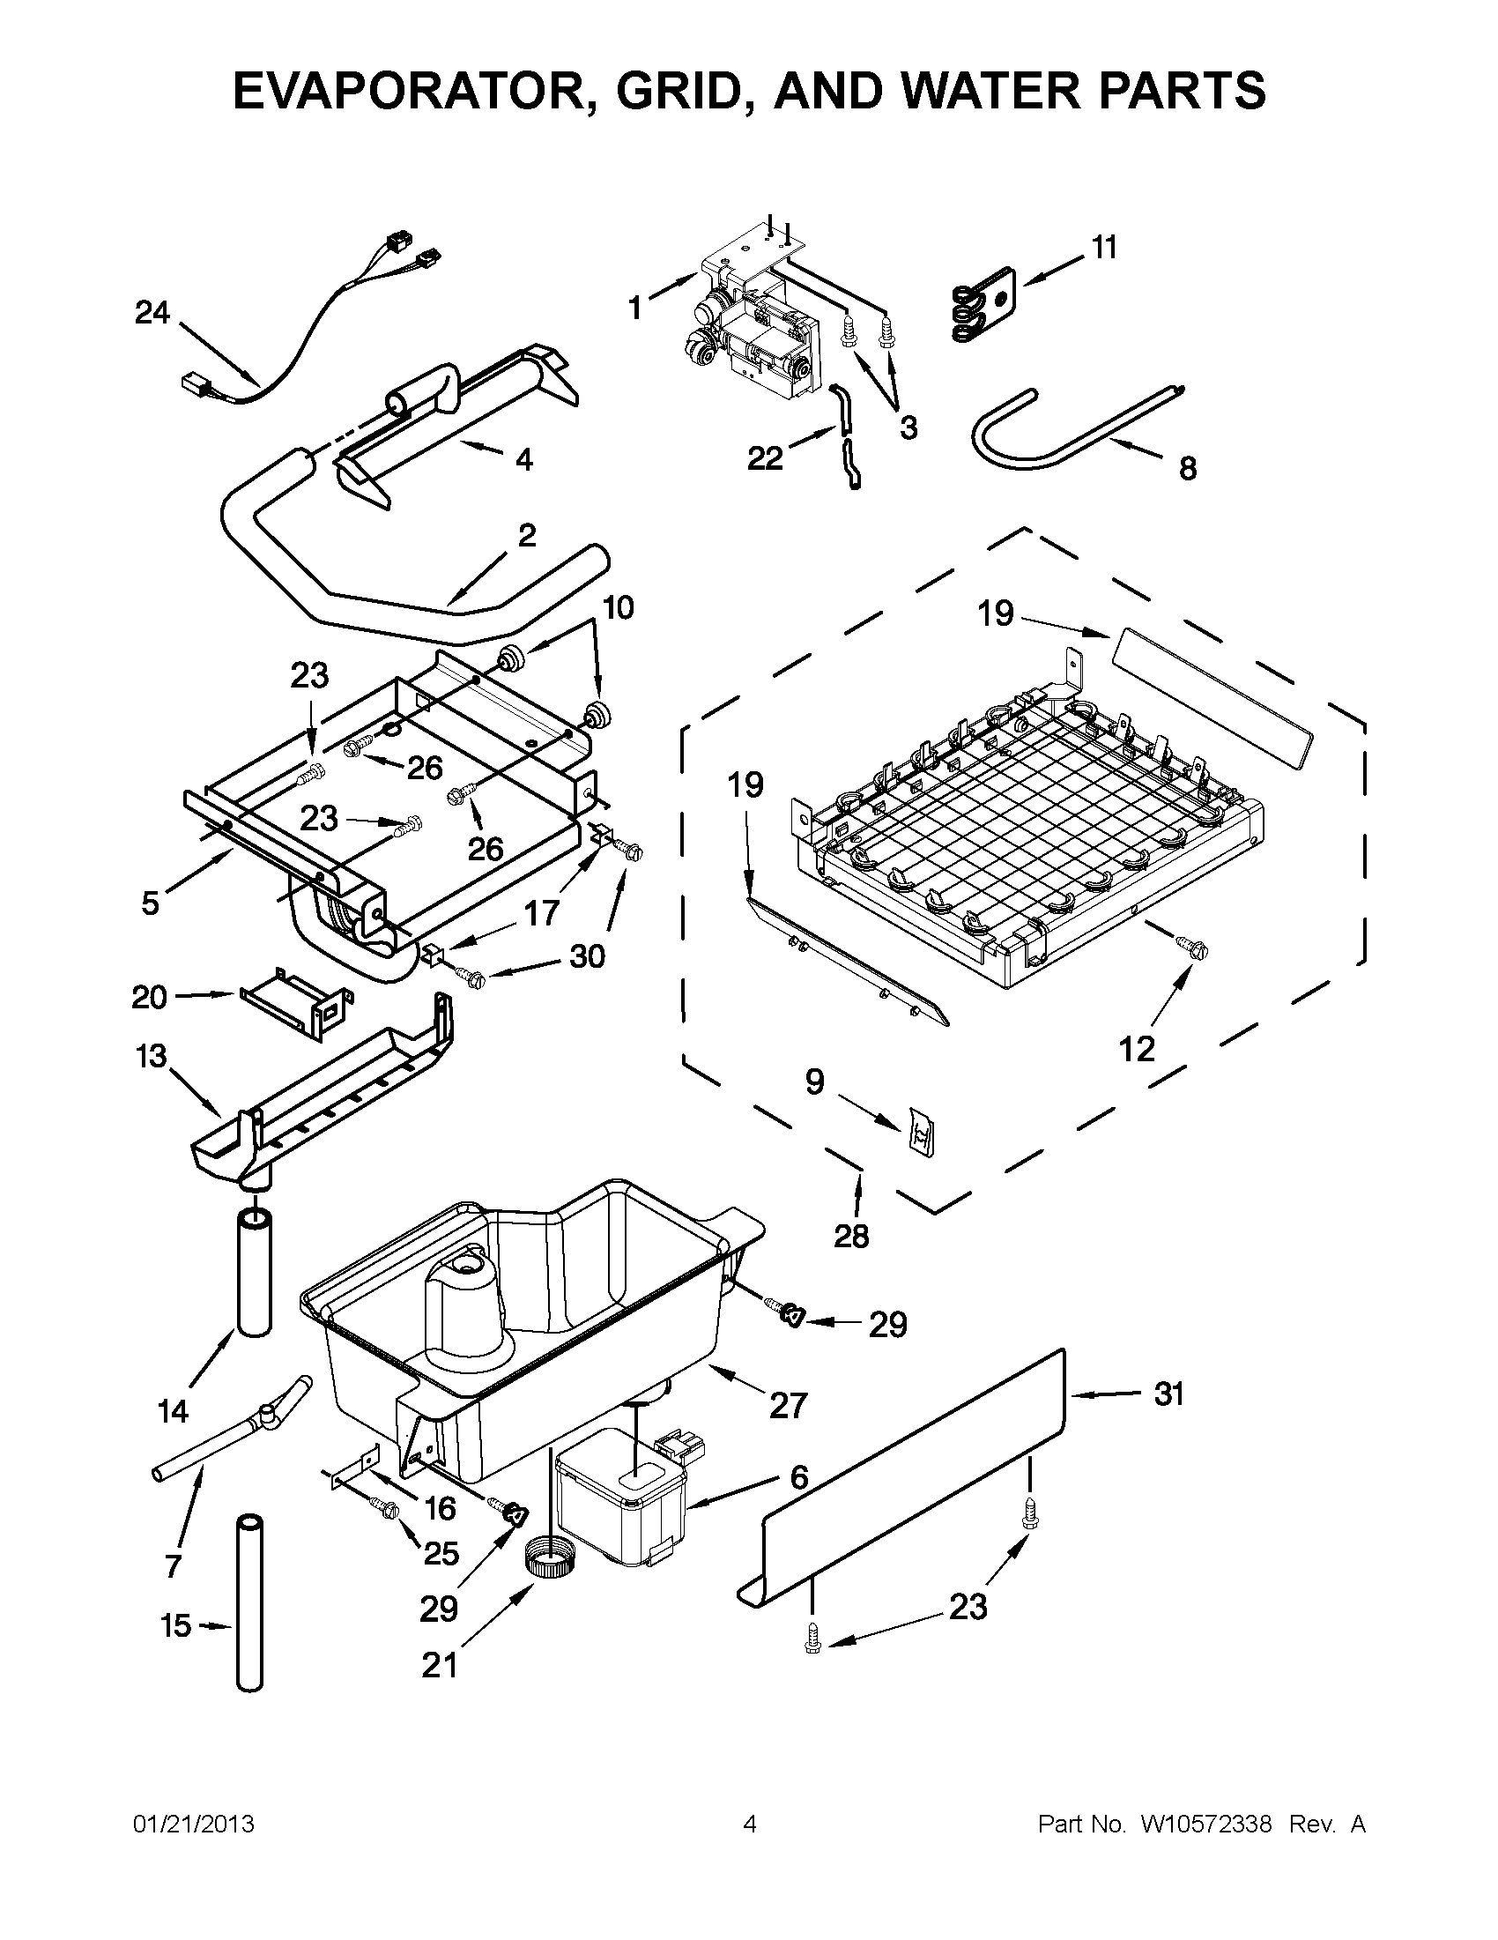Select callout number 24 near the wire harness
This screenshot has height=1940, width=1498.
pyautogui.click(x=152, y=313)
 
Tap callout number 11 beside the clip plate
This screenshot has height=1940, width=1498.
pyautogui.click(x=1104, y=248)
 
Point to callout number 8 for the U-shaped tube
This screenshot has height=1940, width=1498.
pyautogui.click(x=1187, y=468)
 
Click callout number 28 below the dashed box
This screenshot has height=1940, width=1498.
pyautogui.click(x=850, y=1236)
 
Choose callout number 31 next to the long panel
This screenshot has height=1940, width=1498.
pyautogui.click(x=1168, y=1394)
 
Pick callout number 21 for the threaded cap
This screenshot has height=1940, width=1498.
pyautogui.click(x=439, y=1665)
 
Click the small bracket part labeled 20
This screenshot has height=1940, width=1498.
pyautogui.click(x=298, y=1001)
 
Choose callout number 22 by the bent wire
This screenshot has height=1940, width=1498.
pyautogui.click(x=765, y=459)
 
